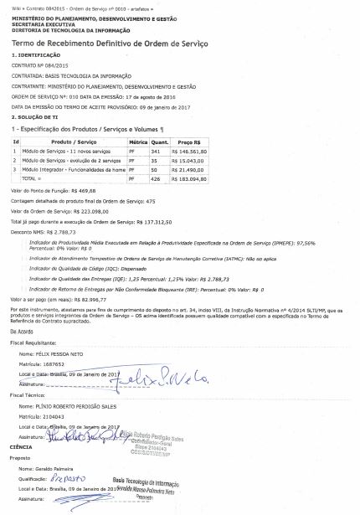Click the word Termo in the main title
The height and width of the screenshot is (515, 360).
tap(26, 43)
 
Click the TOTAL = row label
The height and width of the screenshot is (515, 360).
tap(31, 178)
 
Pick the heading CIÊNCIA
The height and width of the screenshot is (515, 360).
tap(21, 447)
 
